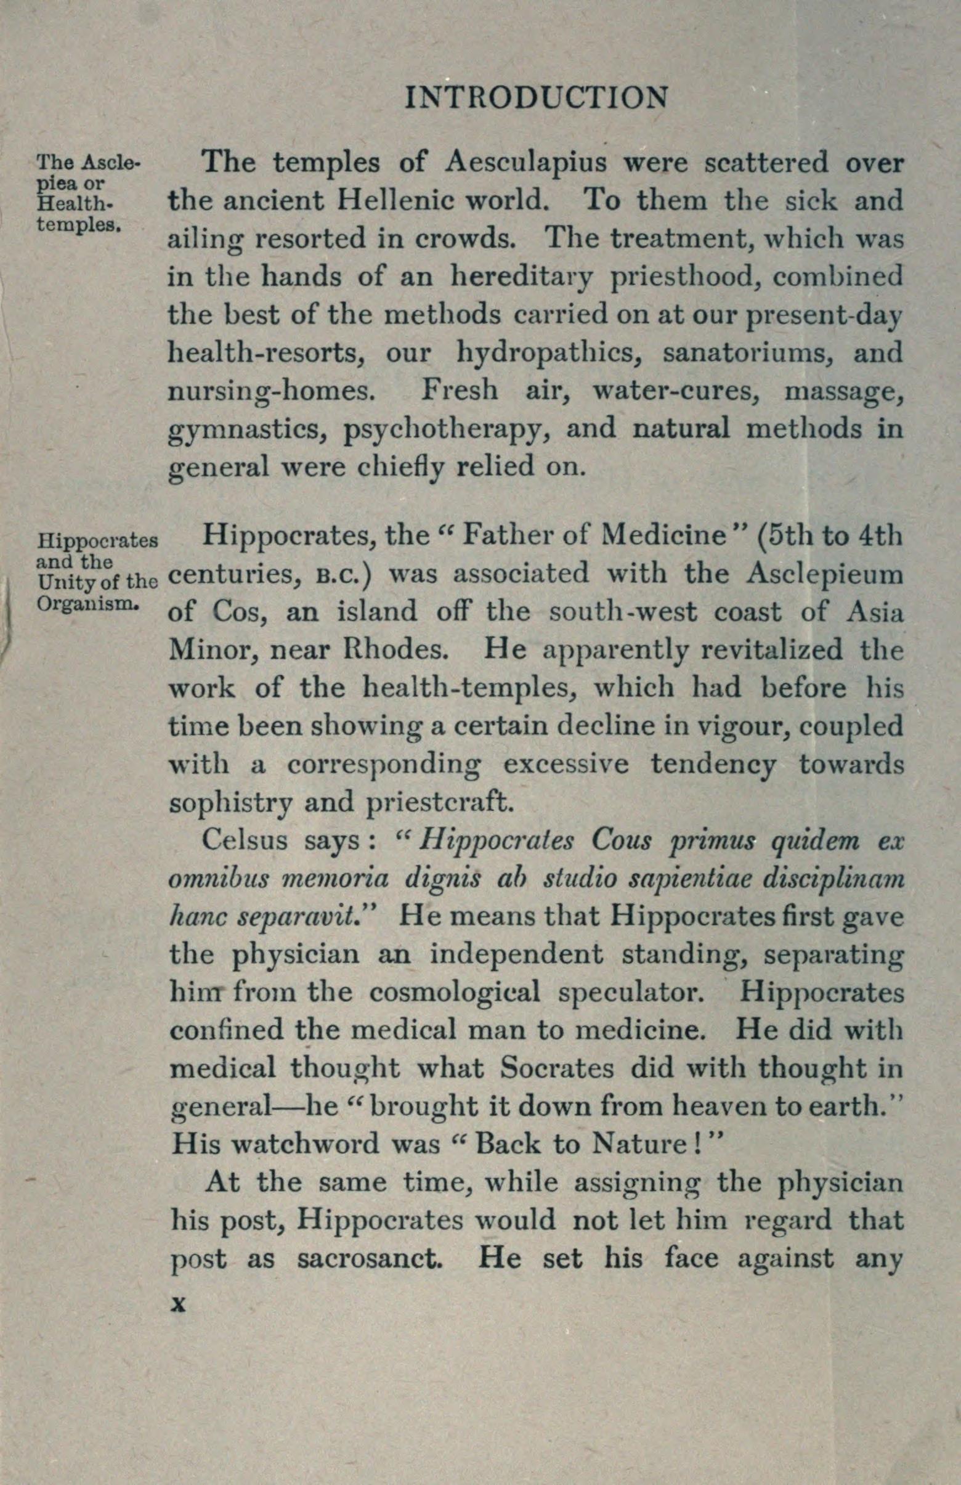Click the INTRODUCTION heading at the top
[x=537, y=98]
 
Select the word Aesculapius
[x=527, y=163]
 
